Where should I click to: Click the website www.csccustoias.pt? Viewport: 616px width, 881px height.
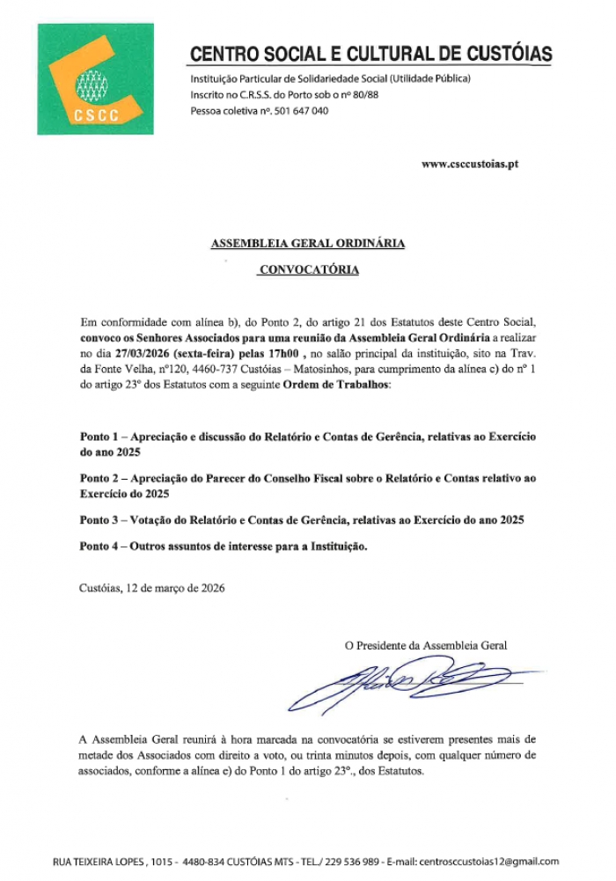click(x=469, y=164)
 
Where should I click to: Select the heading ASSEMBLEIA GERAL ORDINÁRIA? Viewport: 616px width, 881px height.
click(x=308, y=244)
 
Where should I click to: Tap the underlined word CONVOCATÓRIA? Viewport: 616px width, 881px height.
click(x=309, y=270)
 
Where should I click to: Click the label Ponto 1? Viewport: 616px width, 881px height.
click(x=100, y=437)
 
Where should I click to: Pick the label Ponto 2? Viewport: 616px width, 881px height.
click(x=100, y=479)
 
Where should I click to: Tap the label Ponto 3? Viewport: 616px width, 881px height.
click(x=100, y=520)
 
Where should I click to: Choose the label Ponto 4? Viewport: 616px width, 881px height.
click(x=100, y=547)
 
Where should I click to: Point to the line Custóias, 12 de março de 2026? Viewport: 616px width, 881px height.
click(x=151, y=588)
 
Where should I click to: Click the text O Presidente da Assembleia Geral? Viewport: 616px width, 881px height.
click(x=425, y=645)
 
